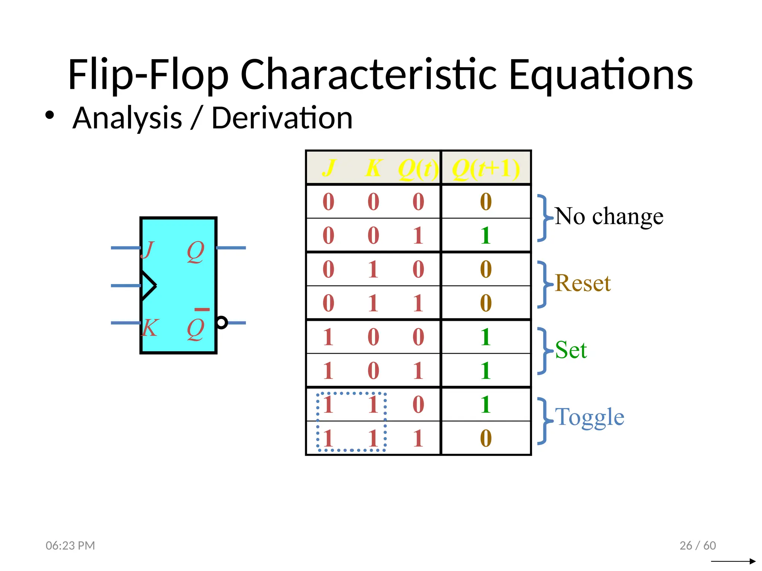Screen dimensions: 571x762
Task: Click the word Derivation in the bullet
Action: point(282,118)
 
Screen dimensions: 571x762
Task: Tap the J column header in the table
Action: point(329,168)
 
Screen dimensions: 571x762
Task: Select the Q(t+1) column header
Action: point(486,168)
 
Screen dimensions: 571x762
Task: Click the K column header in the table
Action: point(373,168)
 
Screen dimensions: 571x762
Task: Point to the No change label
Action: point(609,216)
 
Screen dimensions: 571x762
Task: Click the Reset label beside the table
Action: point(583,283)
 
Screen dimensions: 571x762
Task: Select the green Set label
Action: point(571,350)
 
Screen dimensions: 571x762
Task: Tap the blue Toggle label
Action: point(589,417)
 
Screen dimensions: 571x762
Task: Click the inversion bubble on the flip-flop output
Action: point(222,322)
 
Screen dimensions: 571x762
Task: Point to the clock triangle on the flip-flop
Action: point(148,286)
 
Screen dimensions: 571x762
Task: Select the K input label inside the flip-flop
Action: point(150,328)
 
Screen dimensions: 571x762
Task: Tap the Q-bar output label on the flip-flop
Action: point(196,327)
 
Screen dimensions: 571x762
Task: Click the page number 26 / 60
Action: point(697,545)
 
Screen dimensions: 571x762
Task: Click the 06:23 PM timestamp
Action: point(70,545)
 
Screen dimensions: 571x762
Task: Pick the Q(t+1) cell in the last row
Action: point(486,438)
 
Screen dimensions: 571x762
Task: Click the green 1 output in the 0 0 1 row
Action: point(486,235)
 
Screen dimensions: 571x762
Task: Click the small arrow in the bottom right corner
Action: point(733,561)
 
